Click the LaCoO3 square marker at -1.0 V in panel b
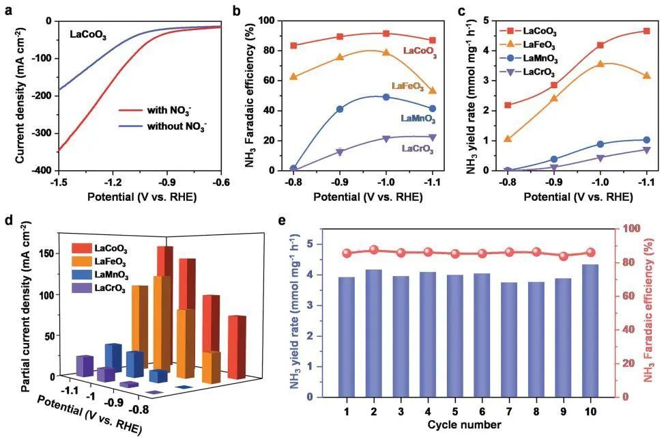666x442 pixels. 386,33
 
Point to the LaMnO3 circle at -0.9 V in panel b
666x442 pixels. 340,109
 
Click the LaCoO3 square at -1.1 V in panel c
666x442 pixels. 646,31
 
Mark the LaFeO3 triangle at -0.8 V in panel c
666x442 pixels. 507,139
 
